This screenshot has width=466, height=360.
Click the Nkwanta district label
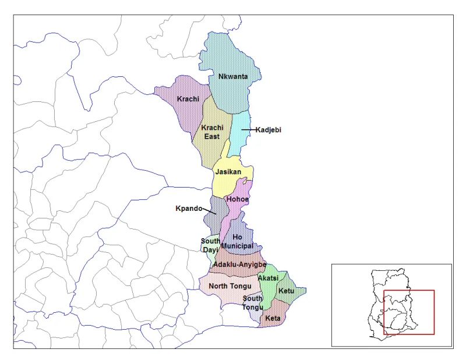pyautogui.click(x=232, y=77)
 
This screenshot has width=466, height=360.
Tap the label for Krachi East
pyautogui.click(x=211, y=132)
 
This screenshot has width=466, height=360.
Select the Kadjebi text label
pyautogui.click(x=268, y=130)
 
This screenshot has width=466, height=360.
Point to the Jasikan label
pyautogui.click(x=228, y=172)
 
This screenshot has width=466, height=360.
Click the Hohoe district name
pyautogui.click(x=238, y=199)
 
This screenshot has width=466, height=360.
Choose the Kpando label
pyautogui.click(x=189, y=209)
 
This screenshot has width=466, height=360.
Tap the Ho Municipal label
pyautogui.click(x=238, y=241)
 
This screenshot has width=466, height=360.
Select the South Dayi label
pyautogui.click(x=210, y=245)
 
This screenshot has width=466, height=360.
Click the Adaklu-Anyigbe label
pyautogui.click(x=239, y=264)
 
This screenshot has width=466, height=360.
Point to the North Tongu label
pyautogui.click(x=230, y=286)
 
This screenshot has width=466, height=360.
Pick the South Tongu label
pyautogui.click(x=253, y=303)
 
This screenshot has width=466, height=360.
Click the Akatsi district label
pyautogui.click(x=268, y=278)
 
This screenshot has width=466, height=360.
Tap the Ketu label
pyautogui.click(x=286, y=291)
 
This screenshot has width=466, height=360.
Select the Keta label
pyautogui.click(x=273, y=319)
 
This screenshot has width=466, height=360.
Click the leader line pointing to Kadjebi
pyautogui.click(x=248, y=130)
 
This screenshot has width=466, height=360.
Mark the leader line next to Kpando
pyautogui.click(x=210, y=211)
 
